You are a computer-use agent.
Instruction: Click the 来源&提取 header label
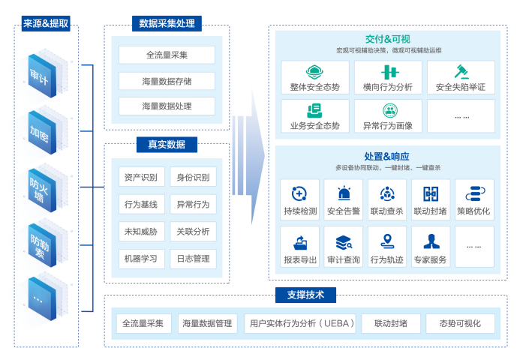point(46,23)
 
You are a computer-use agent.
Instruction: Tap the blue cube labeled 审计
point(42,76)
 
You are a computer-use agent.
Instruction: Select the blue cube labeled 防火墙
point(42,190)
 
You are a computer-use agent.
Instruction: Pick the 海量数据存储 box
point(167,81)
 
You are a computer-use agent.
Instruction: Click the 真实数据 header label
point(167,144)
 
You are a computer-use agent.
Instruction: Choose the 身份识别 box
point(193,177)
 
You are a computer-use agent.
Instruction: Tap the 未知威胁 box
point(141,231)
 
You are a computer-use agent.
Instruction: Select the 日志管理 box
point(193,259)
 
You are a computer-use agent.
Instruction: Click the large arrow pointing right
point(248,156)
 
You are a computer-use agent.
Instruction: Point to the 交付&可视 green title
point(388,39)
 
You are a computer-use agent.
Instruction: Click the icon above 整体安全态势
point(314,71)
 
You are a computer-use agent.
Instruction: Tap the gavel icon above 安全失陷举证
point(461,71)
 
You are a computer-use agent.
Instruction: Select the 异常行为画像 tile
point(388,116)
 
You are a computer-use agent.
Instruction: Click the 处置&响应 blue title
point(387,156)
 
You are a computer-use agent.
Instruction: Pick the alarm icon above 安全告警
point(344,193)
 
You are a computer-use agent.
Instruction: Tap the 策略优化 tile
point(474,199)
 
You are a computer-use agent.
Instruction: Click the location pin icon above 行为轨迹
point(387,241)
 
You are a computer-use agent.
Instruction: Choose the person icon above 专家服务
point(431,241)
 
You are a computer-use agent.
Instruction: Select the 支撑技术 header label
point(305,295)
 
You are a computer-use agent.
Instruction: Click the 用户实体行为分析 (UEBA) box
point(300,323)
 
